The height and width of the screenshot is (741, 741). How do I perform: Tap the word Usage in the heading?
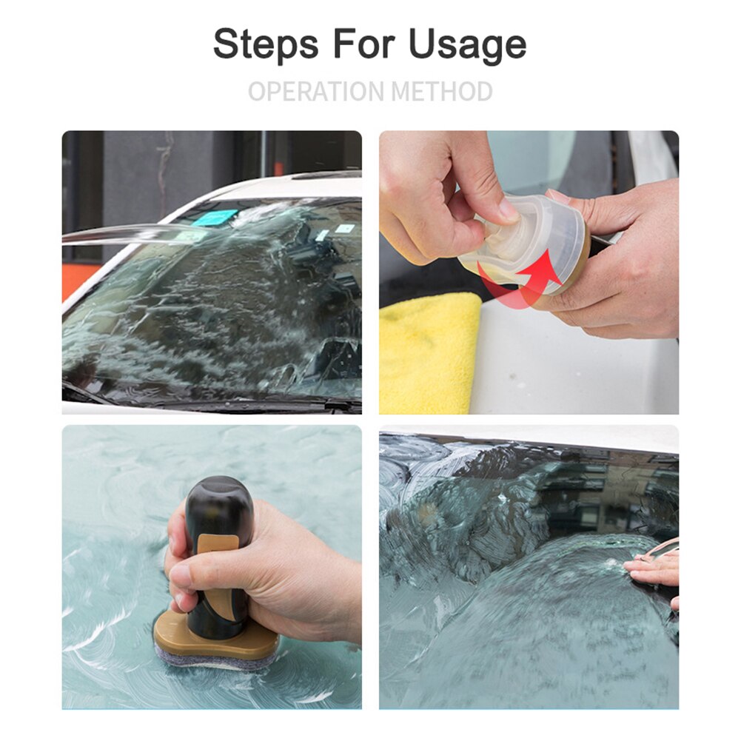coord(467,46)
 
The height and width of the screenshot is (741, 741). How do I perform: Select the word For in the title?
coord(364,44)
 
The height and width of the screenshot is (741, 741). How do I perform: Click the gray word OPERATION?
coord(316,91)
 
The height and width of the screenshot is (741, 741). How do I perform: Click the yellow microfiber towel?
coord(428,353)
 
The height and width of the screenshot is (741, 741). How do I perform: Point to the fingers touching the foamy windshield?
coord(652,570)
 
